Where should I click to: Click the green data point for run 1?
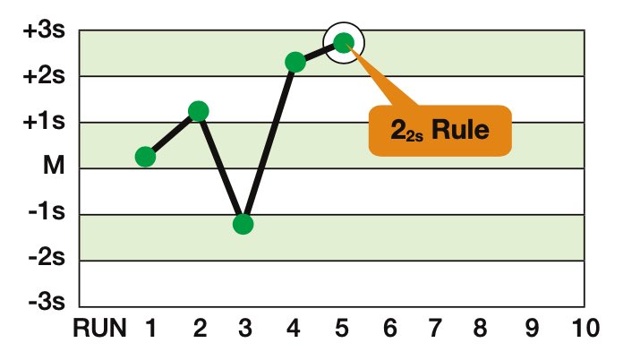146,157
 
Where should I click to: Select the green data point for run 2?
199,111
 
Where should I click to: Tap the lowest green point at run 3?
243,224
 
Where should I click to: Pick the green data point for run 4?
295,62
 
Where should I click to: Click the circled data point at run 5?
344,42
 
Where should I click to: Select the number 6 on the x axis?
389,330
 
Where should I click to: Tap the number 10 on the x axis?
581,330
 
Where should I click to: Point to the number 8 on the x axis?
484,330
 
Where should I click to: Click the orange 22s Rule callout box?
439,130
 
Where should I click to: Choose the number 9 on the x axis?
532,330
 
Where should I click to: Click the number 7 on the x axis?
437,330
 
